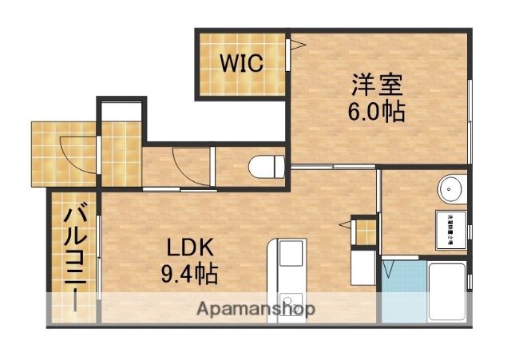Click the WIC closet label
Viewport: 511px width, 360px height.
242,64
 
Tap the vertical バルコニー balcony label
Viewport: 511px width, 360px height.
75,257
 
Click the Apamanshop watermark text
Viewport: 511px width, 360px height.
255,308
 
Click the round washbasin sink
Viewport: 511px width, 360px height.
450,189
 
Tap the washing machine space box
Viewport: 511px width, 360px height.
450,227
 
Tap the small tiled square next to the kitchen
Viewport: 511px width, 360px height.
363,231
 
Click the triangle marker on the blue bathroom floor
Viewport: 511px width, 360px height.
390,268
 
